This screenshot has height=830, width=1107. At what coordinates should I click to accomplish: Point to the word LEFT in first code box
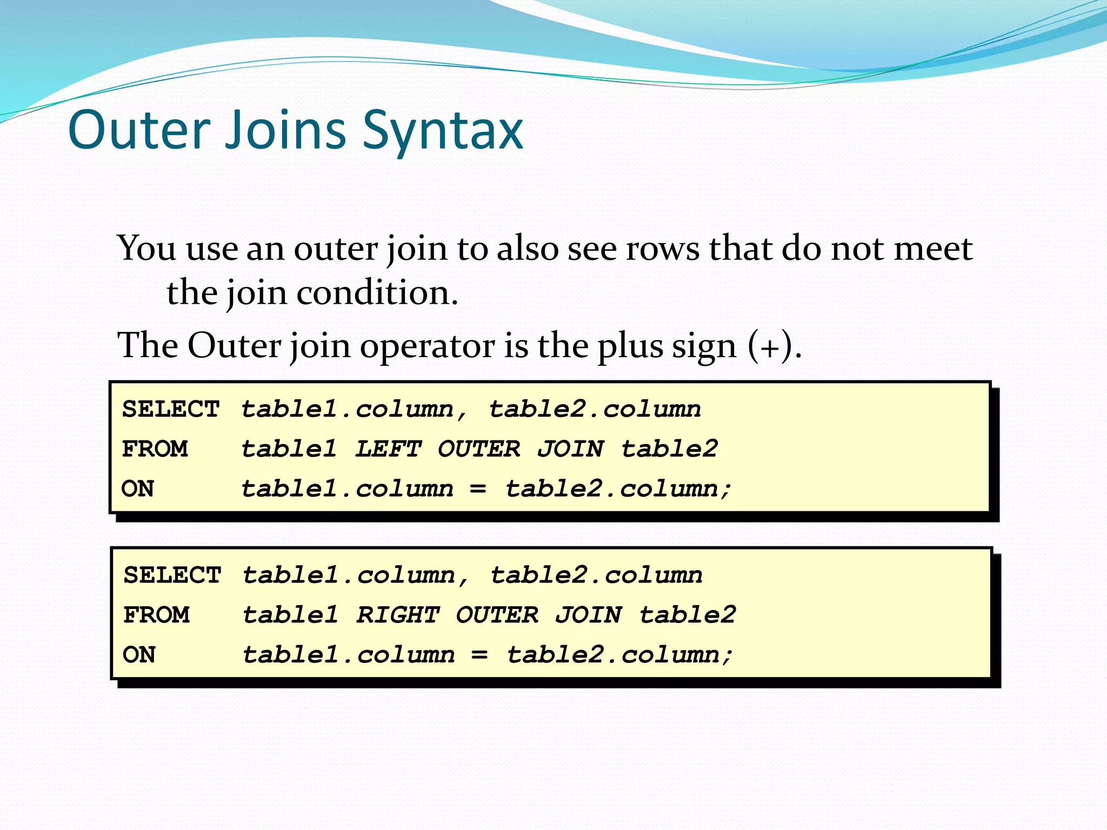[x=388, y=449]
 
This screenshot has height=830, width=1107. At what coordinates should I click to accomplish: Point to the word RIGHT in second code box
[x=397, y=614]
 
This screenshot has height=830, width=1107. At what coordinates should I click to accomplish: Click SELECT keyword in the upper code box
[x=171, y=409]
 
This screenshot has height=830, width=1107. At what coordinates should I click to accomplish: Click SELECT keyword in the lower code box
[x=172, y=575]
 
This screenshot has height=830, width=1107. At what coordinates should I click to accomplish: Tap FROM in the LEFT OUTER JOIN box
[x=155, y=449]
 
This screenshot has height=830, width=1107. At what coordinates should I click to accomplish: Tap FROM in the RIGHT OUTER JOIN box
[x=156, y=615]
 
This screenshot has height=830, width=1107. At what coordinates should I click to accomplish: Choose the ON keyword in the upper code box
[x=138, y=488]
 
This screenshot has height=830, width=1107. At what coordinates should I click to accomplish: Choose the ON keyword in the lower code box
[x=139, y=655]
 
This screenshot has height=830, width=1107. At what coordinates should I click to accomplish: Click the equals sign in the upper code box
[x=478, y=488]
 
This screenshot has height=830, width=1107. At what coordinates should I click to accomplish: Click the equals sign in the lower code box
[x=479, y=655]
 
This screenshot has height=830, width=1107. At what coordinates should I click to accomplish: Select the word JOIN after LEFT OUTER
[x=570, y=449]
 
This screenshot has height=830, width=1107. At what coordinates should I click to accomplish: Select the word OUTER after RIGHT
[x=497, y=614]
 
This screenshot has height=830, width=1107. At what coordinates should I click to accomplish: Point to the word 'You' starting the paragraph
[x=146, y=249]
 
